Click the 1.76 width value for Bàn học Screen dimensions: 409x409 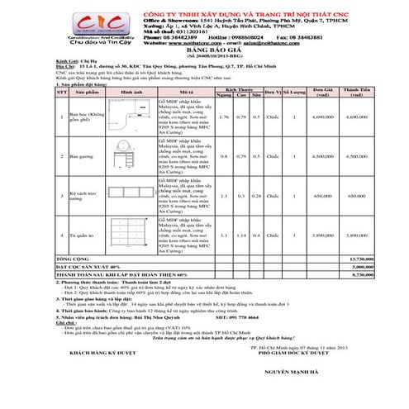coord(223,117)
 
